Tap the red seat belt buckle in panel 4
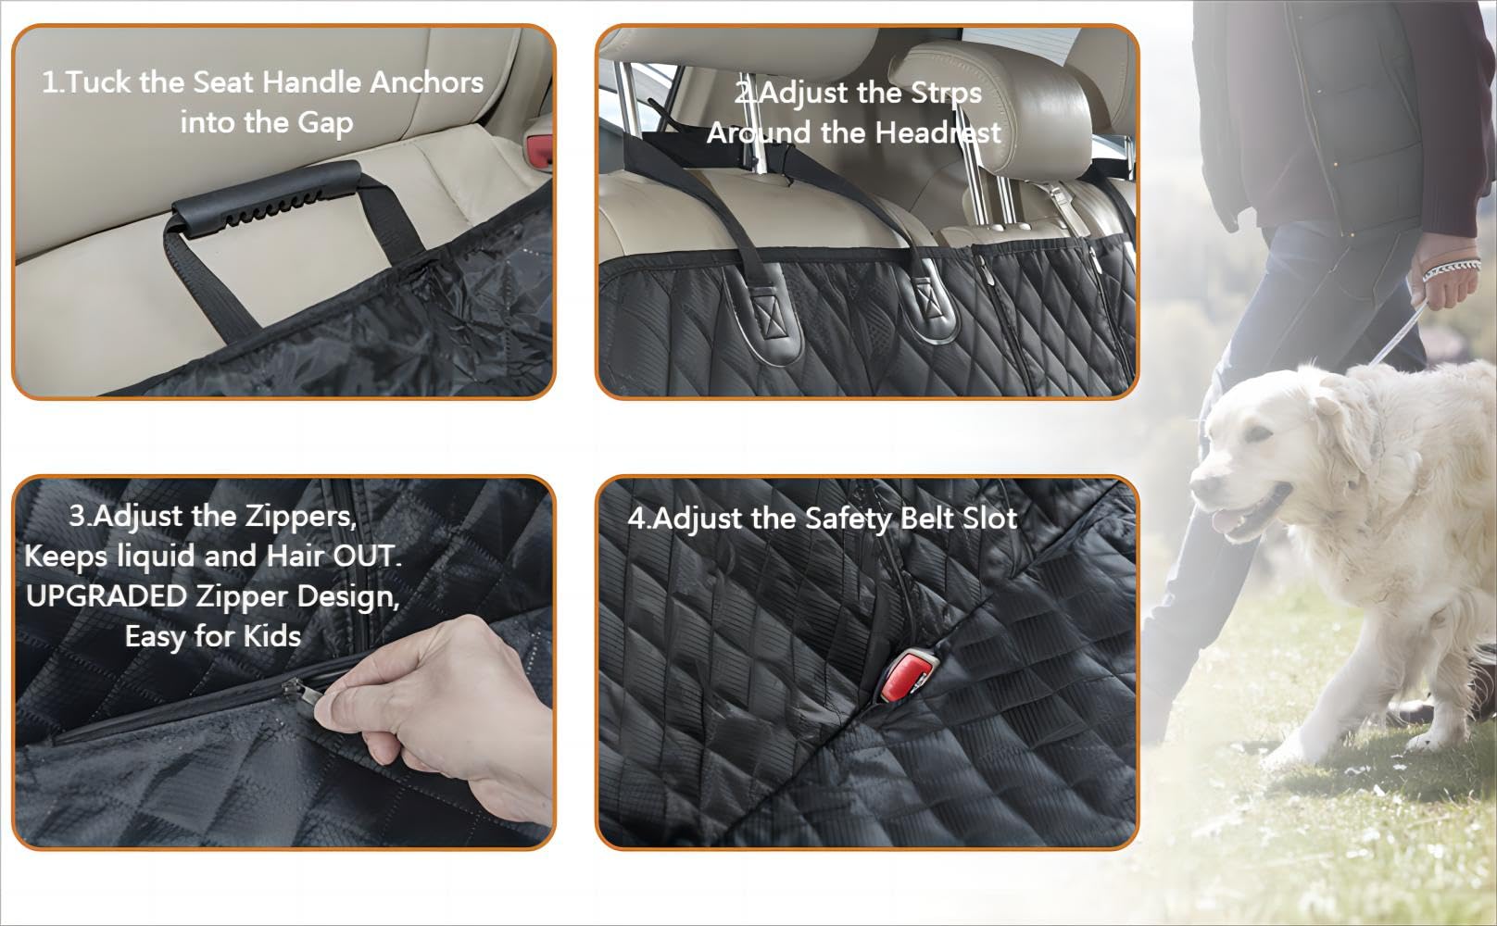point(906,676)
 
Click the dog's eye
point(1259,435)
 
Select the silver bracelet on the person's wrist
point(1452,269)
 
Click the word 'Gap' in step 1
point(325,123)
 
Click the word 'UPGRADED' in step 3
point(107,596)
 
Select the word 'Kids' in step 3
point(272,636)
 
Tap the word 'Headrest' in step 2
point(938,133)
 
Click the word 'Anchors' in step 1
point(426,82)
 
